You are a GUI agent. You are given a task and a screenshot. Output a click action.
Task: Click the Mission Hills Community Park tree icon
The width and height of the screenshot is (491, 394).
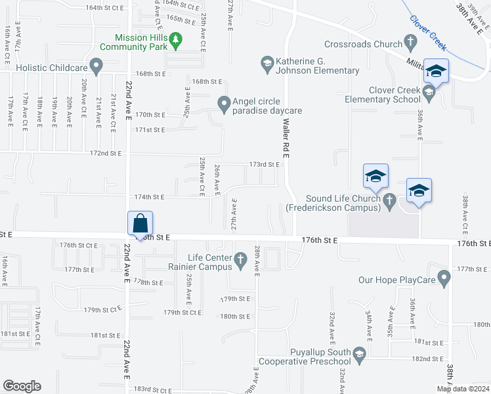[175, 41]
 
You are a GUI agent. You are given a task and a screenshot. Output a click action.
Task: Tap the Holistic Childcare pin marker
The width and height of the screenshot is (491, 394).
[96, 66]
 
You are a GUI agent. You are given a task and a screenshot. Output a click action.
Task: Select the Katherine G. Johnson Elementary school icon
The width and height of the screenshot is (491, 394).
[267, 62]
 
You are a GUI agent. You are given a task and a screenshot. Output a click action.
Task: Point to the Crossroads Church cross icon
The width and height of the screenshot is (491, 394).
[411, 44]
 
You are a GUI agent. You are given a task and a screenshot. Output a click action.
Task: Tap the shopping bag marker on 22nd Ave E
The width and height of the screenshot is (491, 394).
[140, 224]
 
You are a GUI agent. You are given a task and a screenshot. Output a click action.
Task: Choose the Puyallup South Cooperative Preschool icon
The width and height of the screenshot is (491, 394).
[358, 355]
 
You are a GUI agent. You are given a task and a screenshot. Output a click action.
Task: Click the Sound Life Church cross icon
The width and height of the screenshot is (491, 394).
[389, 199]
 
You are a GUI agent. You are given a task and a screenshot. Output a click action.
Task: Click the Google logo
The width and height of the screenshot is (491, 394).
[22, 386]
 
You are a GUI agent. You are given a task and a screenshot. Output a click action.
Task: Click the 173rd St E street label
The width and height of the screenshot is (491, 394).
[265, 164]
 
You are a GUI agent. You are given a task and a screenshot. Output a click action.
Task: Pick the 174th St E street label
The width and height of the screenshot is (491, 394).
[149, 197]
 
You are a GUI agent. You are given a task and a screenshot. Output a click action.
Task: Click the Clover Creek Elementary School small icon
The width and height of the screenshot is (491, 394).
[429, 94]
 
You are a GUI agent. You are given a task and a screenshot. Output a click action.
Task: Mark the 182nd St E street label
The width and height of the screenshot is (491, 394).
[425, 359]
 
